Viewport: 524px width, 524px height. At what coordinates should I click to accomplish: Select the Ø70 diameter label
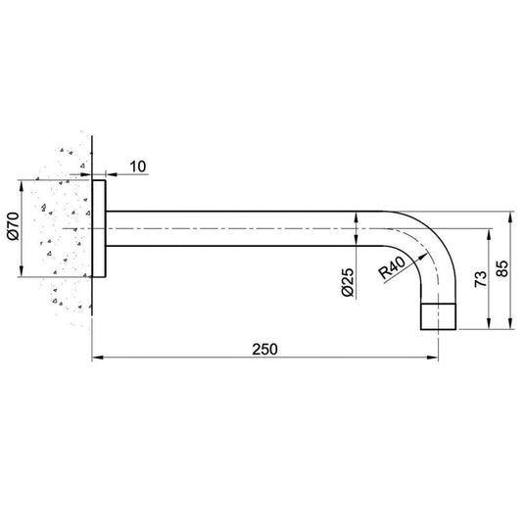[x=11, y=229]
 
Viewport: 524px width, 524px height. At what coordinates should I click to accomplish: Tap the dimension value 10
[x=137, y=167]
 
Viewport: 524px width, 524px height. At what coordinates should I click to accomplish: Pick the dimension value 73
[x=479, y=279]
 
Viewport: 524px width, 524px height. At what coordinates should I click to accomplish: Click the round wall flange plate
[x=99, y=229]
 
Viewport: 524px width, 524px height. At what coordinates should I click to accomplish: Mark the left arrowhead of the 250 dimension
[x=96, y=359]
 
